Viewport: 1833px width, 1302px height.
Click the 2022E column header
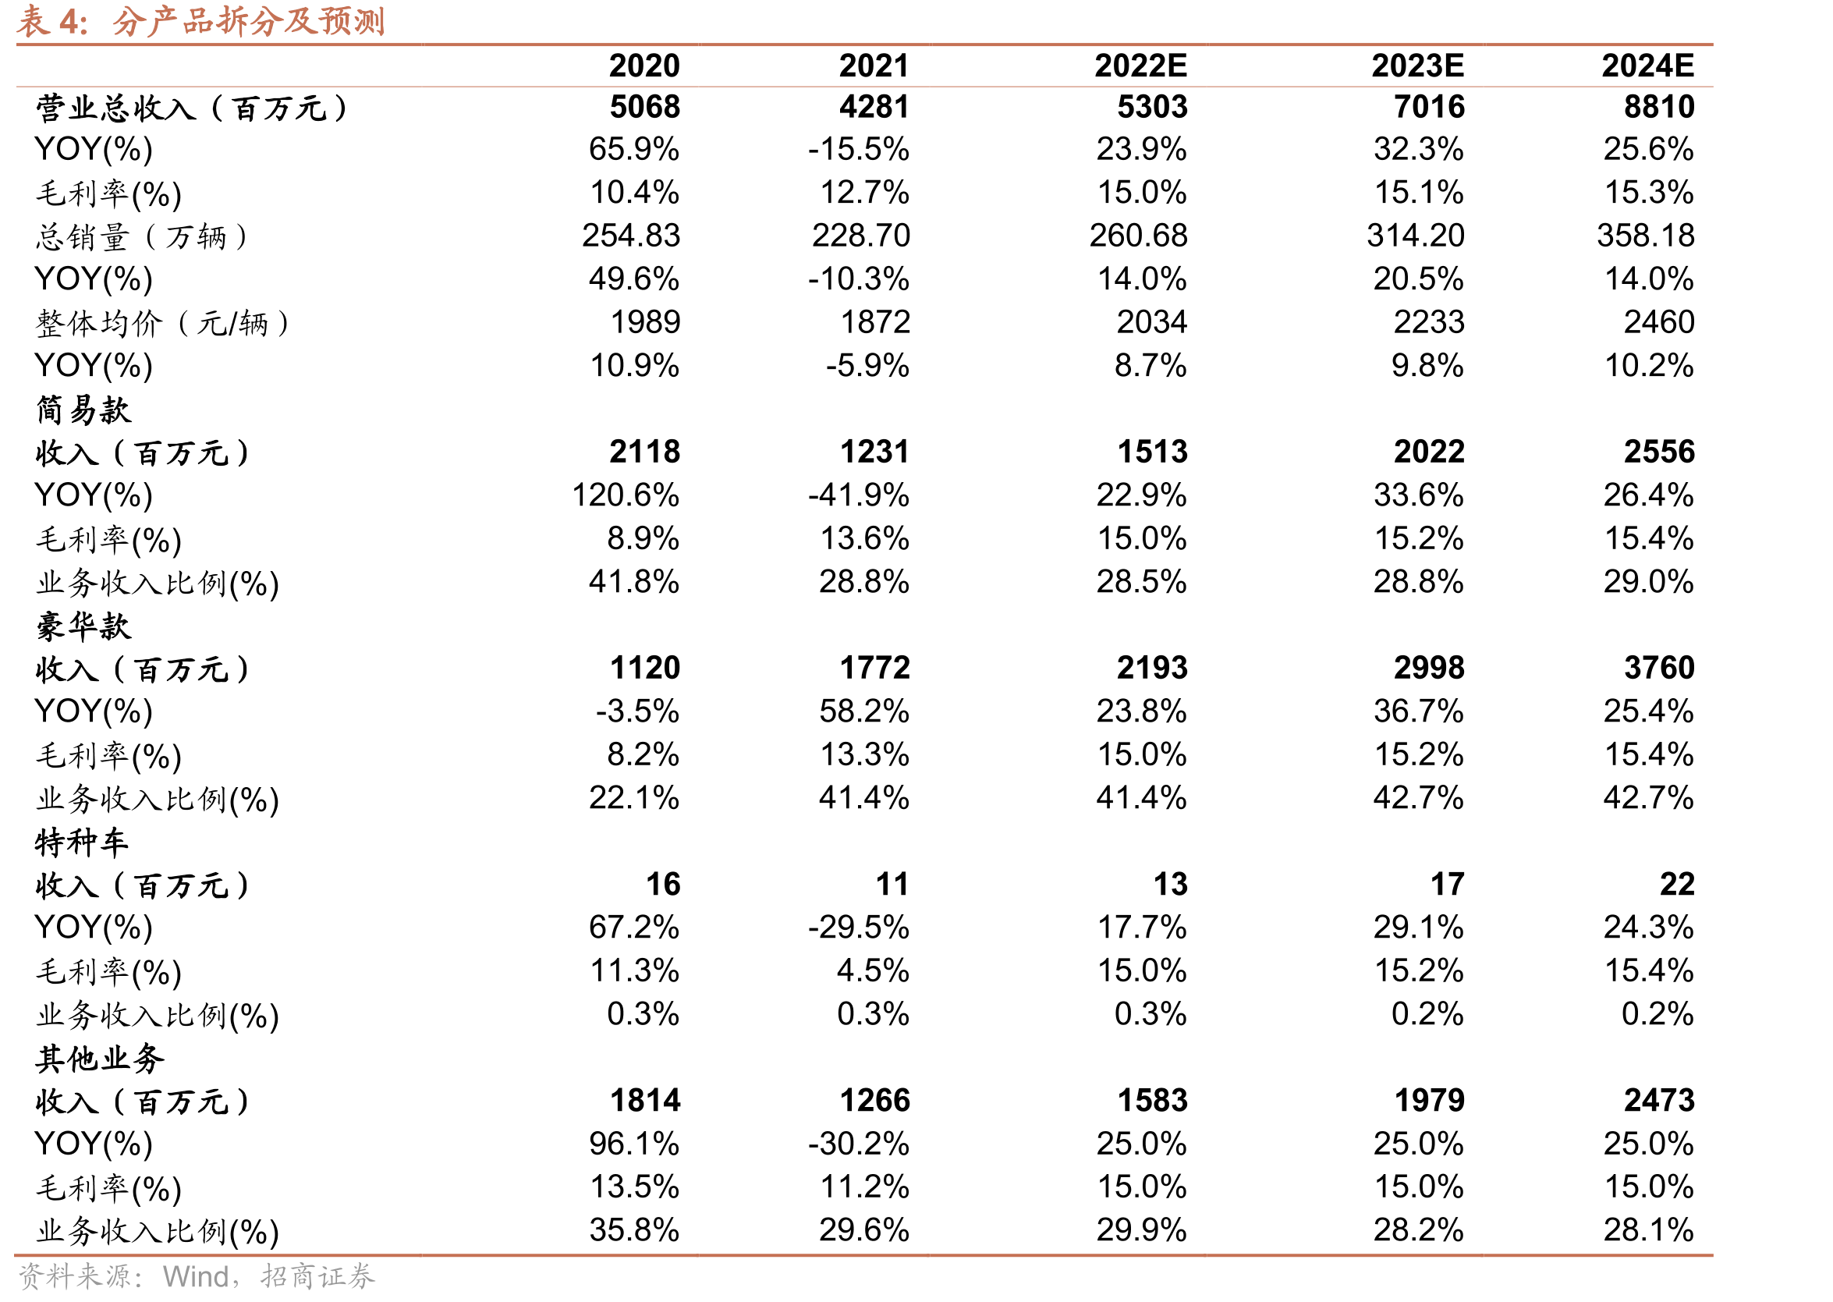(x=1140, y=66)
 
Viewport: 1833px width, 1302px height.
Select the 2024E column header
(x=1648, y=66)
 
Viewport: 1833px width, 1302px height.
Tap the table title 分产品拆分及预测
(x=249, y=21)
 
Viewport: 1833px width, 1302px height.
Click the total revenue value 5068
(x=644, y=107)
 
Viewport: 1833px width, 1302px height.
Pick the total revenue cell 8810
(x=1659, y=107)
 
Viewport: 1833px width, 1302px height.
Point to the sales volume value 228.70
(x=861, y=236)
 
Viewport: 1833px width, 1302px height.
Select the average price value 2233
(x=1429, y=322)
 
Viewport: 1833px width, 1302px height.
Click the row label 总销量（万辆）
(x=142, y=236)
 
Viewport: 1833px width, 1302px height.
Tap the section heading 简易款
(x=83, y=410)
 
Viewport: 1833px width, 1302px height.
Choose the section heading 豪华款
(x=83, y=626)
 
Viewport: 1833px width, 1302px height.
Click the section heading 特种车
(x=82, y=843)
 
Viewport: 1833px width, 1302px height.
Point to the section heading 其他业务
(x=100, y=1059)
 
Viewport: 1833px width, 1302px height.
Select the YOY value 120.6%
(x=625, y=495)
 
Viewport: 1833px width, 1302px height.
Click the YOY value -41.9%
(x=859, y=495)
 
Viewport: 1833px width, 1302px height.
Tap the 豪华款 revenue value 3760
(x=1659, y=668)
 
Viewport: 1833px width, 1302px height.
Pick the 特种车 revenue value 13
(x=1170, y=885)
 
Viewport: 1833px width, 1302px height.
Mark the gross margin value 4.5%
(x=873, y=971)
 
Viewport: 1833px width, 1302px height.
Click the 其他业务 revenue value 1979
(x=1429, y=1101)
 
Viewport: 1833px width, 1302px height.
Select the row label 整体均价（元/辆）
(x=163, y=323)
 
